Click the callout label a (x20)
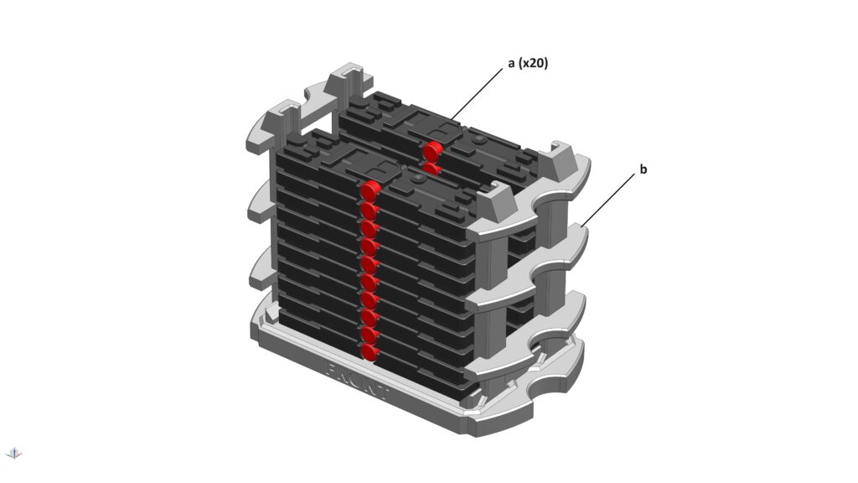[528, 64]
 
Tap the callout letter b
[643, 169]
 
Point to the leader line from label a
[476, 94]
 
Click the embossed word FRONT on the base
[357, 380]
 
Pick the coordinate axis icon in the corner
[13, 452]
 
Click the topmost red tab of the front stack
[370, 190]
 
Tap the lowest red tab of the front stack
[370, 351]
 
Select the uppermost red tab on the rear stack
[432, 149]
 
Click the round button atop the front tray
[419, 179]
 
